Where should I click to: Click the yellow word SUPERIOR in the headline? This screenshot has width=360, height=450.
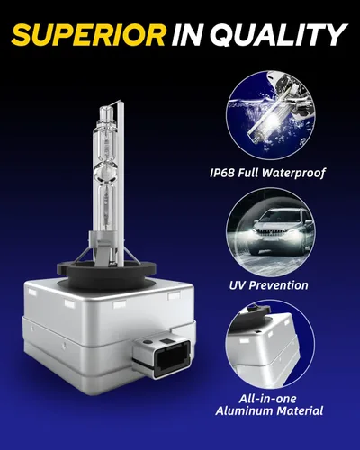pyautogui.click(x=88, y=34)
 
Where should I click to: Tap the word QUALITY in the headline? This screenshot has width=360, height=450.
pyautogui.click(x=277, y=34)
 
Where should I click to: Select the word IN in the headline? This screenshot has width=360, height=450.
pyautogui.click(x=186, y=34)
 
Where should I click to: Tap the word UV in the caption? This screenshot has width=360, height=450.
pyautogui.click(x=238, y=285)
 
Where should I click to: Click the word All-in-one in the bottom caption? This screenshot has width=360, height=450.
pyautogui.click(x=267, y=399)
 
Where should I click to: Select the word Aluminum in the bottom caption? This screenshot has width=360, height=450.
pyautogui.click(x=244, y=410)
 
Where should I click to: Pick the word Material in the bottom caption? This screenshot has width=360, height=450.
pyautogui.click(x=300, y=410)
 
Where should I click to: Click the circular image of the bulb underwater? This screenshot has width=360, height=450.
pyautogui.click(x=270, y=117)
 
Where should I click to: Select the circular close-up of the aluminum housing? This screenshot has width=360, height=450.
pyautogui.click(x=270, y=344)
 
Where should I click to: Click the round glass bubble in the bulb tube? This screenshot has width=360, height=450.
pyautogui.click(x=105, y=174)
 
